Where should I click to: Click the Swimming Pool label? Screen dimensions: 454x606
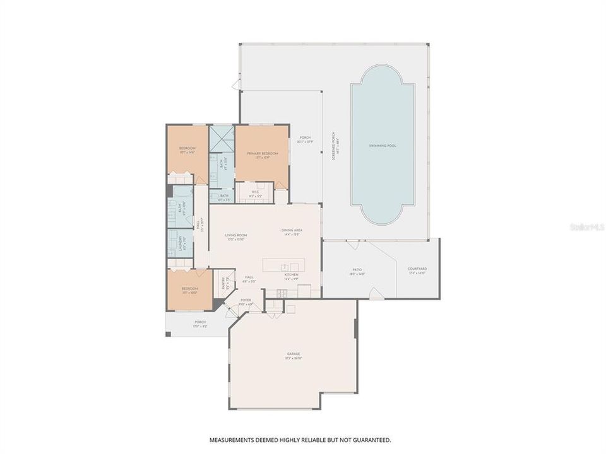coord(383,146)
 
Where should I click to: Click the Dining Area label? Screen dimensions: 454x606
coord(292,230)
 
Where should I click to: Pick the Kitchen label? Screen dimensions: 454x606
coord(292,276)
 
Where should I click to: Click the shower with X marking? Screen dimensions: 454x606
coord(222,139)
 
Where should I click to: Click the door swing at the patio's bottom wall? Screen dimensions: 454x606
coord(375,293)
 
